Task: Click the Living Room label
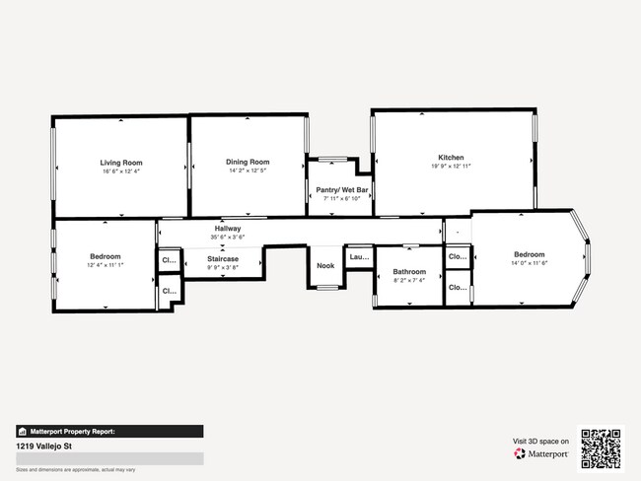point(120,162)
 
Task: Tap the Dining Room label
point(248,162)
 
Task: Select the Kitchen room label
point(452,158)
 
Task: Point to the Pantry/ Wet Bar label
point(341,188)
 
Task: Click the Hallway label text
point(228,229)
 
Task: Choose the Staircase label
point(223,259)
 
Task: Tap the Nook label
point(325,265)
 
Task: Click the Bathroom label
point(409,272)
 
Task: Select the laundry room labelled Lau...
point(359,257)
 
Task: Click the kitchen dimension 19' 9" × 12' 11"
point(452,167)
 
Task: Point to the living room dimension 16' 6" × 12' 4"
point(120,171)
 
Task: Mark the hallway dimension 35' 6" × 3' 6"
point(228,238)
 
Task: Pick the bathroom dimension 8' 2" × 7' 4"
point(409,281)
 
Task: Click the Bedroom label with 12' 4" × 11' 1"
point(104,256)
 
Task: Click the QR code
point(601,447)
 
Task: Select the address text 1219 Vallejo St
point(46,446)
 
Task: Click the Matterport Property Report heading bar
point(109,431)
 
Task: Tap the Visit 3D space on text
point(540,441)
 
